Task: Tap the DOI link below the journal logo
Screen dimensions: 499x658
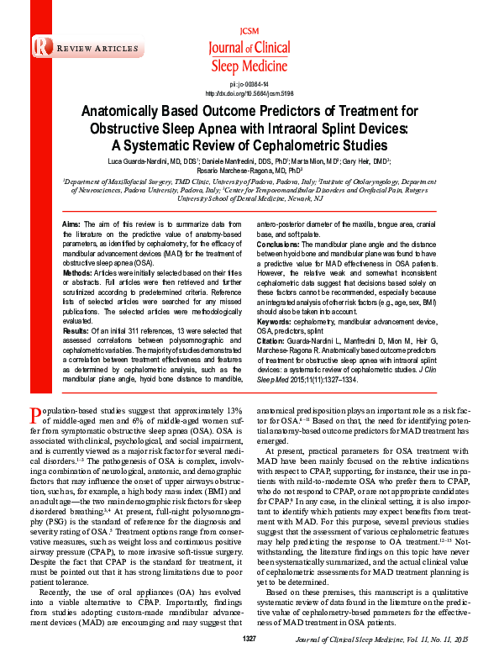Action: coord(249,93)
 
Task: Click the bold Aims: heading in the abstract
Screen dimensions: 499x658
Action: coord(72,224)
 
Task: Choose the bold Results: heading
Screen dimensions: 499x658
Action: coord(76,331)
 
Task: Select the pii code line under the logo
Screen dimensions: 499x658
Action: coord(249,85)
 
